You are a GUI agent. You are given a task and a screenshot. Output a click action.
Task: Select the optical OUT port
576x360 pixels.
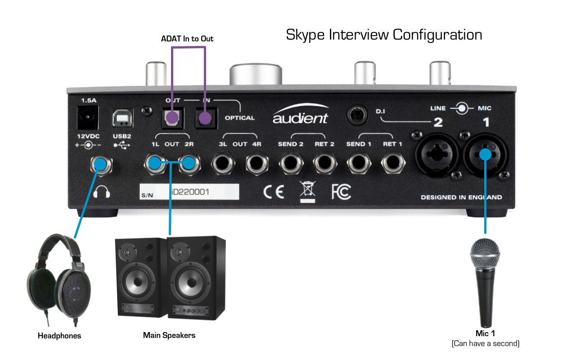(x=171, y=118)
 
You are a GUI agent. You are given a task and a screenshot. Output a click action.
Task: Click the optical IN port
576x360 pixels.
(x=205, y=118)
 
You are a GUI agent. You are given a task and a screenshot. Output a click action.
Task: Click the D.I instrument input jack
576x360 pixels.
(x=358, y=115)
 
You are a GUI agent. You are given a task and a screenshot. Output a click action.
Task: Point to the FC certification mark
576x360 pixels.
(x=341, y=192)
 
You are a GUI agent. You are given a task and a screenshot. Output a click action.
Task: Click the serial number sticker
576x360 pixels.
(x=189, y=192)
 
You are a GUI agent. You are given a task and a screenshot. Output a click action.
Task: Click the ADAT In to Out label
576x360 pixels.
(x=187, y=39)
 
